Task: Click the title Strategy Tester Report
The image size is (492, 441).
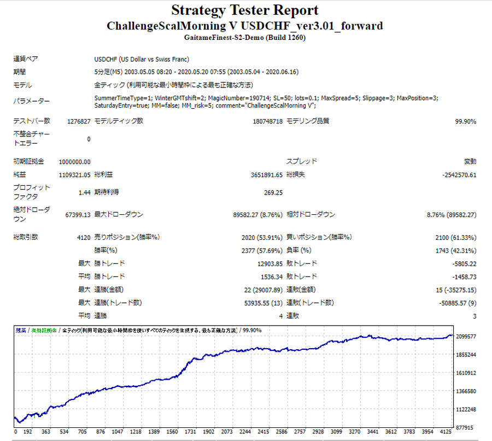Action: coord(244,10)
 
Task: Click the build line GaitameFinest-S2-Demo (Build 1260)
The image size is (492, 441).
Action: coord(244,38)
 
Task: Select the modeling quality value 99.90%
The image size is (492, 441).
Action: coord(465,121)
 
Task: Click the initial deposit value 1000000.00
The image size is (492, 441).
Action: coord(74,162)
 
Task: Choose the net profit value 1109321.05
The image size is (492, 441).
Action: coord(74,175)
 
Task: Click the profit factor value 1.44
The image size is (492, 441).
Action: coord(84,192)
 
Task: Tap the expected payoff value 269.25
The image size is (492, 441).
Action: coord(273,192)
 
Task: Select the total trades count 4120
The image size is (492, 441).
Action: coord(81,238)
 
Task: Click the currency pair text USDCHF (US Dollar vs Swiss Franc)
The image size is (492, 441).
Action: coord(142,59)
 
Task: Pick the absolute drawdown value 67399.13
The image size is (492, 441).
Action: coord(78,215)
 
